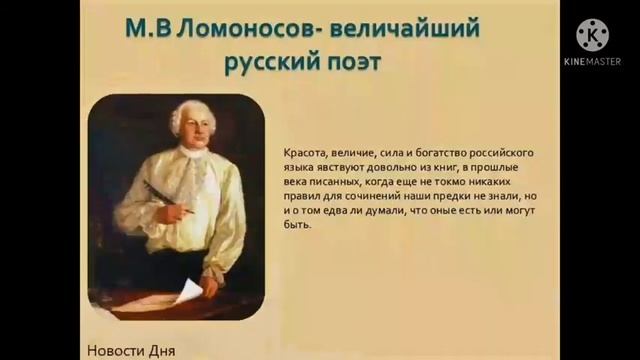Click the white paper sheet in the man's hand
click(x=188, y=293)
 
